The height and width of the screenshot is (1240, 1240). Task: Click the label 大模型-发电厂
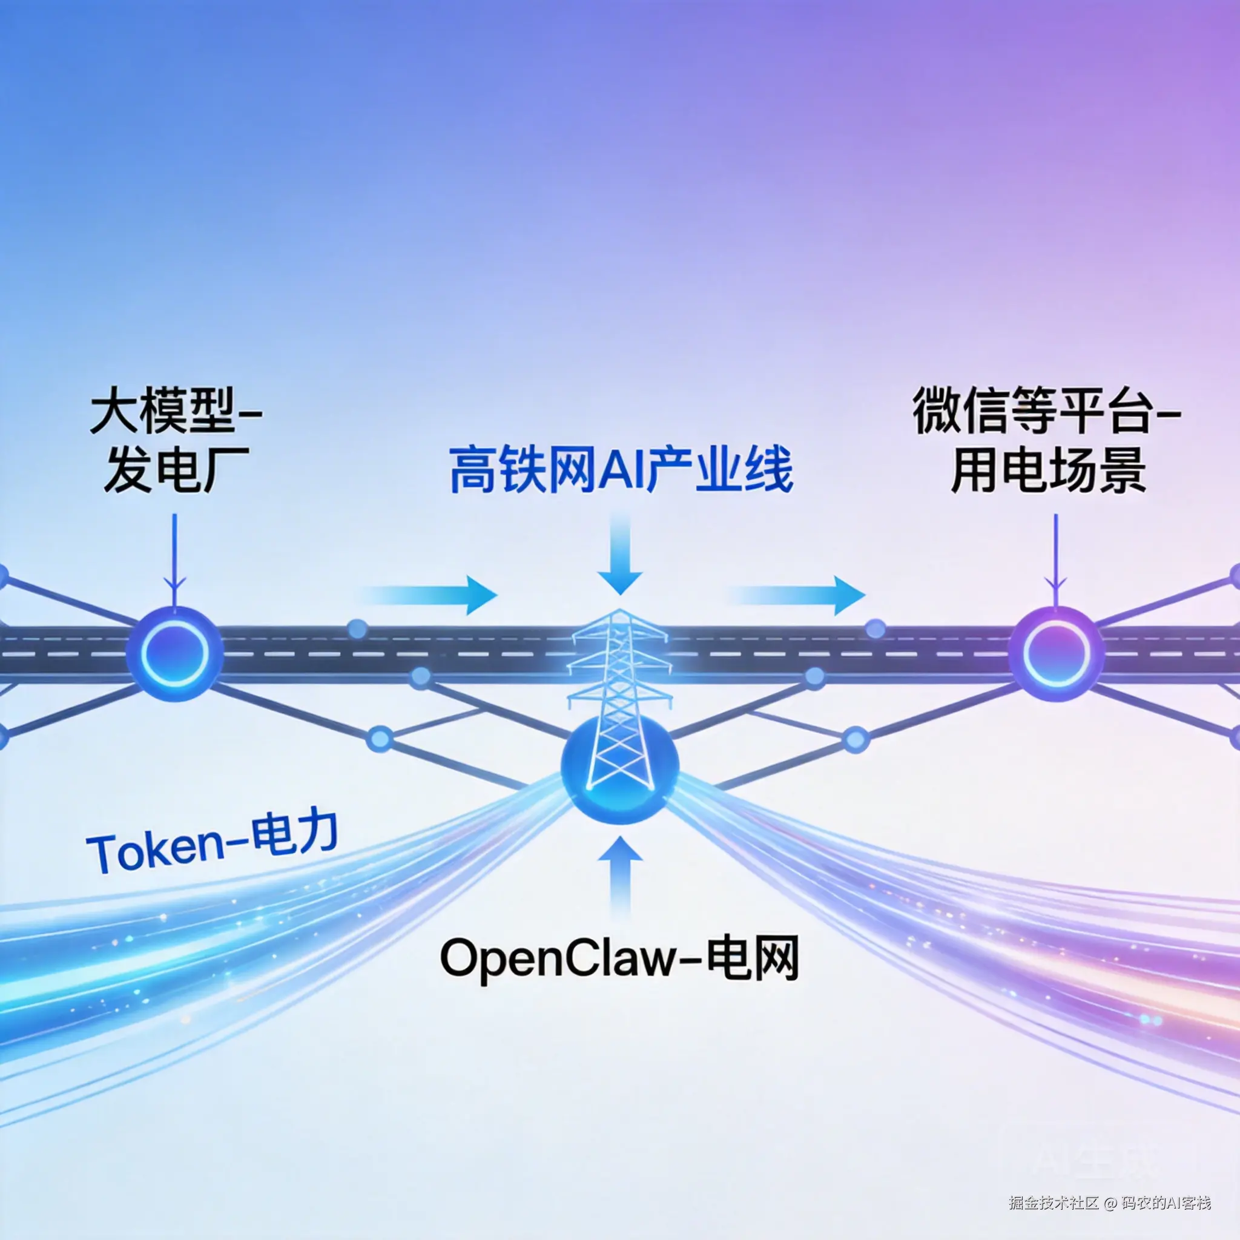pos(174,443)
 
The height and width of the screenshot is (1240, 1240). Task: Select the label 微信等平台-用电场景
pos(1047,443)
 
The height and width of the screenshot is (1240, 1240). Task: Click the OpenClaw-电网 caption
pos(620,958)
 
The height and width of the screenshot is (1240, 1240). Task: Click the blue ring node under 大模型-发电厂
pos(174,653)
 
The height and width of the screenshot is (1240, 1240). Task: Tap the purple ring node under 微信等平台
pos(1055,653)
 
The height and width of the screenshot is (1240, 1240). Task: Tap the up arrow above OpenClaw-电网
pos(620,873)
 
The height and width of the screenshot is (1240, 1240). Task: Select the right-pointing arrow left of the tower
pos(437,595)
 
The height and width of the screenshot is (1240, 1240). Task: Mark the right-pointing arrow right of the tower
pos(802,595)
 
